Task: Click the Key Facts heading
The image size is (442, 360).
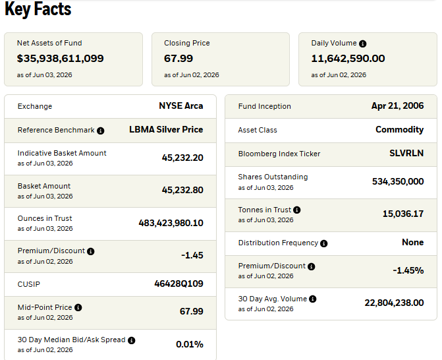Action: [x=38, y=9]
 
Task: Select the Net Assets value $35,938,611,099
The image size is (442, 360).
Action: [x=61, y=59]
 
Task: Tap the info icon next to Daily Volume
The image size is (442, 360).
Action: [x=363, y=44]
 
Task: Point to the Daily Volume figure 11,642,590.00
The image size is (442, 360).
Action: [x=348, y=59]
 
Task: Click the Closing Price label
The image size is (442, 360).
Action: [x=187, y=43]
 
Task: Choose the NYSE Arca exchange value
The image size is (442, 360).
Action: [x=181, y=105]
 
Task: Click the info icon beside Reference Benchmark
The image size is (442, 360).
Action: [x=100, y=131]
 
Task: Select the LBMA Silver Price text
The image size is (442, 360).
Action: [x=166, y=129]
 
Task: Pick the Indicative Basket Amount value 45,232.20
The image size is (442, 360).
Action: [x=182, y=158]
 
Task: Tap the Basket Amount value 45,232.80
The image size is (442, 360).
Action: [x=182, y=190]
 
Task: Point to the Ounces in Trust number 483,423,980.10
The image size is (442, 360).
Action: [x=171, y=223]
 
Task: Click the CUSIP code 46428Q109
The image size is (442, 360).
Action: [x=179, y=284]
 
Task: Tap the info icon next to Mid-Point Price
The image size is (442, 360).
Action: [x=78, y=307]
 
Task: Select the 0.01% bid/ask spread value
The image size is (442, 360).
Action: [x=190, y=344]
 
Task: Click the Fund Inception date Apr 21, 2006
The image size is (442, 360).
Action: [x=397, y=105]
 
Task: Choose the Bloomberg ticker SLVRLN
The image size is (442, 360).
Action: [x=406, y=153]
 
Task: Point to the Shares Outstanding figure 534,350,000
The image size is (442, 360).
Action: [x=398, y=181]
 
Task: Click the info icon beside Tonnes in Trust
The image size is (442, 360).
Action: [x=297, y=210]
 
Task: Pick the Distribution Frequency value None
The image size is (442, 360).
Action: [x=412, y=243]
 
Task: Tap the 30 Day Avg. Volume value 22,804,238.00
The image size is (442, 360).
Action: [x=394, y=303]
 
